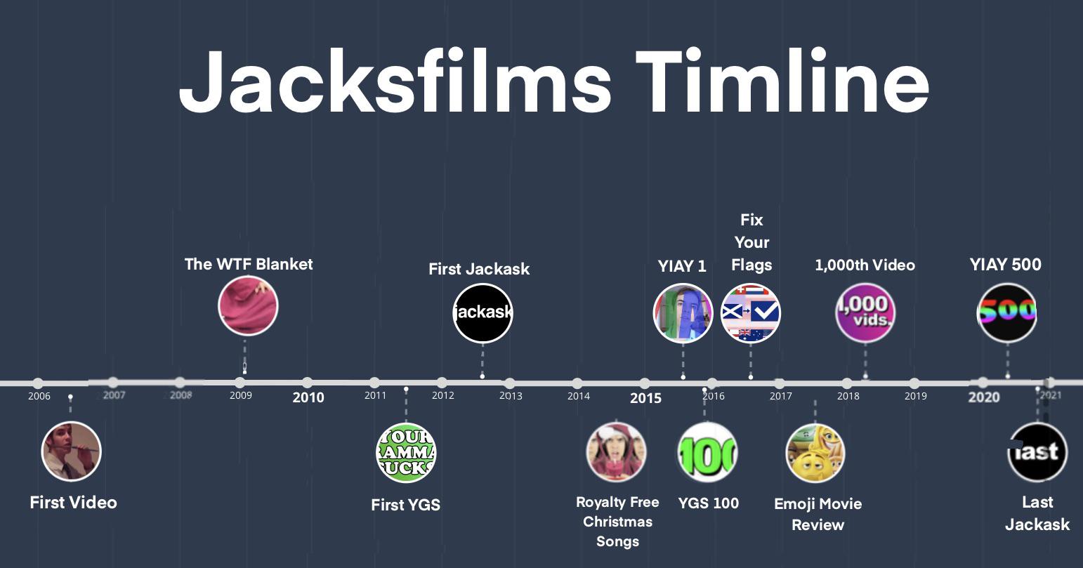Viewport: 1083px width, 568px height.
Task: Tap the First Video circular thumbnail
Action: coord(72,451)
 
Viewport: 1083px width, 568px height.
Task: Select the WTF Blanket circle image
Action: coord(248,306)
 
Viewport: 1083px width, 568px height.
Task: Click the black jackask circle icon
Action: coord(483,312)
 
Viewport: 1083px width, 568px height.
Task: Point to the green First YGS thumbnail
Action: coord(406,453)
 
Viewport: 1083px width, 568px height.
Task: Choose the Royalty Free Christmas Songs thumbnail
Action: coord(616,451)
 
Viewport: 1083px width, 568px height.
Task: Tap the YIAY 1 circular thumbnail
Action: coord(683,313)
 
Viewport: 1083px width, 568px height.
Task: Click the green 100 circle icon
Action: coord(707,453)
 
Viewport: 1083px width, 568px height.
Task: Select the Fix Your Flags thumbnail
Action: coord(751,313)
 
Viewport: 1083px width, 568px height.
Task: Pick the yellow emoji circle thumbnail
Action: coord(815,453)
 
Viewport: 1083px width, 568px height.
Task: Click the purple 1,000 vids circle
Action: coord(865,312)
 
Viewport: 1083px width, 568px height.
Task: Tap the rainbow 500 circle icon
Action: coord(1007,312)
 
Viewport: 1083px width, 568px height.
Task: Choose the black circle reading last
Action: coord(1037,452)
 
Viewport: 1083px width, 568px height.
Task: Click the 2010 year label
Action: coord(308,397)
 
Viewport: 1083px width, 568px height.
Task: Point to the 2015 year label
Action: coord(645,398)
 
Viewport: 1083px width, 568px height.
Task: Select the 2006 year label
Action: coord(39,396)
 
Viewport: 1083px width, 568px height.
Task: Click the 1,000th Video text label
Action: coord(865,265)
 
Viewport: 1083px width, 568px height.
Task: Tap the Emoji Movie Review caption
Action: coord(818,514)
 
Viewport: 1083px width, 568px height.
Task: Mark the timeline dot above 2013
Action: coord(509,383)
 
